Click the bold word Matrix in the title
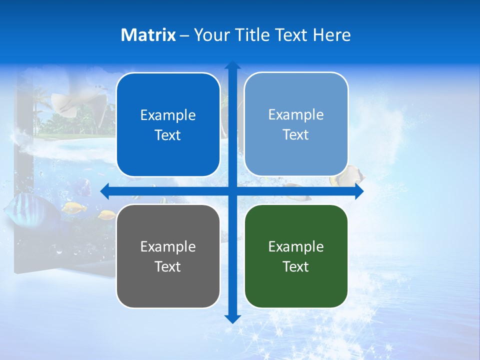pyautogui.click(x=148, y=35)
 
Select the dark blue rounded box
pyautogui.click(x=168, y=125)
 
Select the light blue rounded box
pyautogui.click(x=296, y=124)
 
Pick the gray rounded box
pyautogui.click(x=168, y=256)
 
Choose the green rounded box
pyautogui.click(x=296, y=256)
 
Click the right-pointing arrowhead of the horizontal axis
pyautogui.click(x=358, y=191)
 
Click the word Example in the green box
pyautogui.click(x=296, y=246)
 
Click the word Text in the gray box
pyautogui.click(x=168, y=266)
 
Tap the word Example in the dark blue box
pyautogui.click(x=168, y=115)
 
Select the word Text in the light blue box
pyautogui.click(x=296, y=134)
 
